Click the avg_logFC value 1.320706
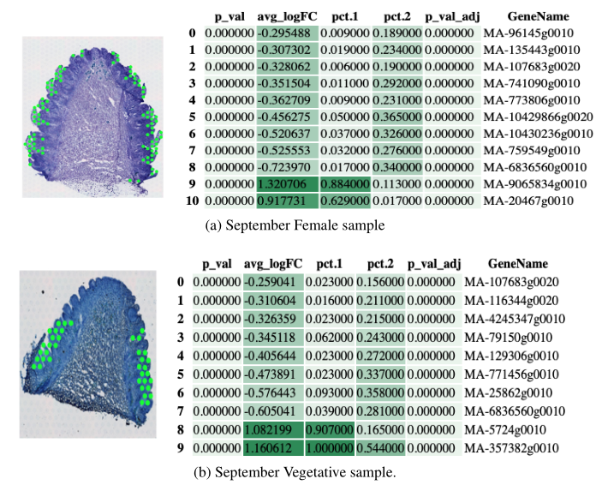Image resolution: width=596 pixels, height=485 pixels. [x=287, y=183]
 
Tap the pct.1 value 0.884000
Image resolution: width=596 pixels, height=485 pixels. [x=345, y=183]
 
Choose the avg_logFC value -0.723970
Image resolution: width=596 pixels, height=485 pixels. [x=287, y=167]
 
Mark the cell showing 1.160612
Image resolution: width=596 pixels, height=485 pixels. [x=273, y=447]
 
